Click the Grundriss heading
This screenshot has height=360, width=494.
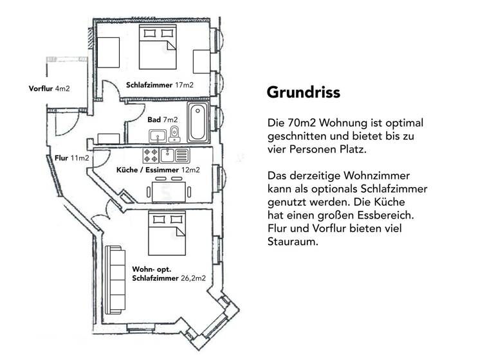(303, 93)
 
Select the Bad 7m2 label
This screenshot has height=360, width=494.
(162, 120)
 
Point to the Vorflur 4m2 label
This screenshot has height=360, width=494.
(49, 88)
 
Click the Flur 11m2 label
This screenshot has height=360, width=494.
(71, 158)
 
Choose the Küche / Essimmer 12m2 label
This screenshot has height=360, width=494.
(157, 170)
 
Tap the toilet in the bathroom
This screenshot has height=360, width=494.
(174, 134)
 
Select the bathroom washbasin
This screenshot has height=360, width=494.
(157, 136)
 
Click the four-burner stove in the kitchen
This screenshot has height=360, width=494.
(151, 155)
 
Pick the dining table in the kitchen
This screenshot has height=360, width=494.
(168, 192)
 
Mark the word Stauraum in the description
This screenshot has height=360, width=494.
(292, 244)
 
